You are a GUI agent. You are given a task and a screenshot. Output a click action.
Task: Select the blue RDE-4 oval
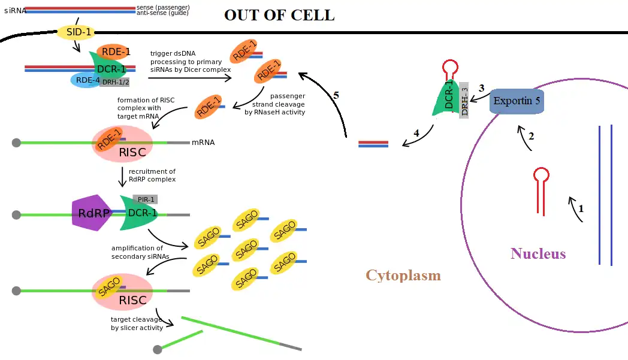point(84,80)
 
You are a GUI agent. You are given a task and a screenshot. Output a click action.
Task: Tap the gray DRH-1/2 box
point(114,82)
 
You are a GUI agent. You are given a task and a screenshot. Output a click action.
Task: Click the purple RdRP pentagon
point(93,213)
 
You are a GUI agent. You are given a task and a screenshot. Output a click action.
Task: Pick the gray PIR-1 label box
point(145,199)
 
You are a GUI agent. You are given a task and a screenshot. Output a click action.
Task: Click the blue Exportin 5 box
point(517,101)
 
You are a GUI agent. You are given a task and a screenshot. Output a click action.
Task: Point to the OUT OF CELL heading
point(279,16)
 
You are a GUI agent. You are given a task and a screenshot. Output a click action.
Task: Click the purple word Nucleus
point(538,253)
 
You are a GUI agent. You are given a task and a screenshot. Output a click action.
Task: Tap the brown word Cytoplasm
point(403,276)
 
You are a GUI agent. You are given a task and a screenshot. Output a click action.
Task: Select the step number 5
point(336,95)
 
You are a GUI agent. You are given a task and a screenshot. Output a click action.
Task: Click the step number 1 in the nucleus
point(580,208)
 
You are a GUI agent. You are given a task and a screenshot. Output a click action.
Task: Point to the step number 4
point(416,133)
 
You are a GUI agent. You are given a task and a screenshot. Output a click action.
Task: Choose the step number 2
point(530,136)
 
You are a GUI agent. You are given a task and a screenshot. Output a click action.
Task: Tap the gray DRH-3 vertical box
point(464,101)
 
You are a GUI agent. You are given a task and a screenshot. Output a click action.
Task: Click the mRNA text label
point(203,143)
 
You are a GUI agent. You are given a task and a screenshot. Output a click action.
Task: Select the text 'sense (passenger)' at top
point(163,7)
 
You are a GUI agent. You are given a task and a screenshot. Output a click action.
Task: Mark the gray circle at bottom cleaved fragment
point(158,349)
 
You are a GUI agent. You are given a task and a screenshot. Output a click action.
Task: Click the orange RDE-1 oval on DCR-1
point(116,52)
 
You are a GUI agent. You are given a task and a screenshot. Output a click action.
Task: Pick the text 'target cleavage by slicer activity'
point(136,323)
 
